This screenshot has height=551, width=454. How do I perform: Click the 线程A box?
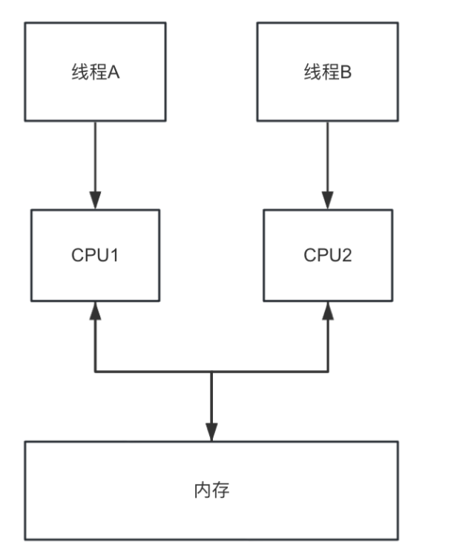tap(94, 71)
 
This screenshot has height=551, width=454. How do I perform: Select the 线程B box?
tap(327, 71)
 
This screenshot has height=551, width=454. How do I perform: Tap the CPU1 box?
tap(95, 254)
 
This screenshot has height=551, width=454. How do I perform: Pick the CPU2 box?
tap(327, 254)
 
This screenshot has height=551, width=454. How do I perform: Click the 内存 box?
tap(211, 491)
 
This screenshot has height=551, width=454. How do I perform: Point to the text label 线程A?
tap(94, 72)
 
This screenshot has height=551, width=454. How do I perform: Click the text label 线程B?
tap(327, 72)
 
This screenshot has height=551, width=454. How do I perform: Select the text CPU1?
tap(95, 255)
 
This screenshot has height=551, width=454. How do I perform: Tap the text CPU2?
tap(327, 255)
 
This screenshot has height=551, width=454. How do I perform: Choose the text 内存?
tap(211, 491)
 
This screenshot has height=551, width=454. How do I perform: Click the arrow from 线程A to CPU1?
tap(95, 159)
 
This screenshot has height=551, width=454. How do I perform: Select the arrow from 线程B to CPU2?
tap(328, 159)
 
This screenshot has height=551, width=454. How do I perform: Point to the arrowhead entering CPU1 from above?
tap(95, 200)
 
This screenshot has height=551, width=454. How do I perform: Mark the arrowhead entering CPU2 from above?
tap(328, 200)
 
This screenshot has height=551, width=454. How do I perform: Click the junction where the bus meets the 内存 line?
tap(211, 372)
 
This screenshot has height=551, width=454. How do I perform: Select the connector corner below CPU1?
tap(95, 372)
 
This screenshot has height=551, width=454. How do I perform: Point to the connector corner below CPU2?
tap(328, 372)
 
